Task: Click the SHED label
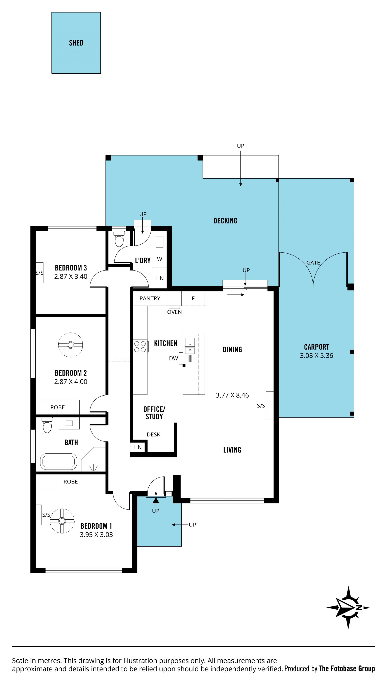click(76, 43)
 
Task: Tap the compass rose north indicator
click(348, 608)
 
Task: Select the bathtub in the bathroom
click(58, 461)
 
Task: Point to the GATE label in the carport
click(313, 263)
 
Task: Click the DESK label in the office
click(153, 434)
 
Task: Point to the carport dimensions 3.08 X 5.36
click(316, 356)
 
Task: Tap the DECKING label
click(225, 221)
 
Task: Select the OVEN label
click(174, 312)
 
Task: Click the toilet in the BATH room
click(47, 425)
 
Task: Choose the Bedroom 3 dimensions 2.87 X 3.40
click(71, 277)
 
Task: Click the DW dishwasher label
click(174, 358)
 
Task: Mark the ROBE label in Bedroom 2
click(57, 407)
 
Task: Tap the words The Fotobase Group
click(347, 668)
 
